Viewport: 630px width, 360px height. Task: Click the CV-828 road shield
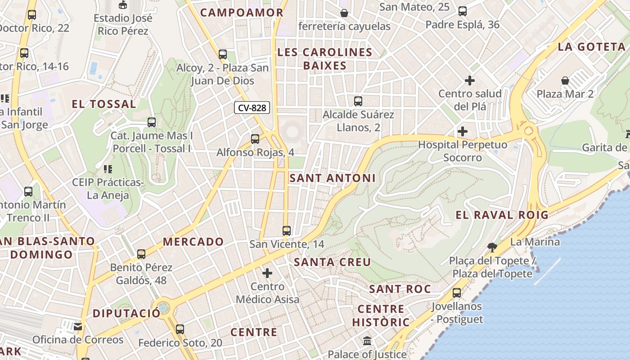coord(252,108)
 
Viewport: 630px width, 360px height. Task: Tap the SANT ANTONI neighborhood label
coord(332,178)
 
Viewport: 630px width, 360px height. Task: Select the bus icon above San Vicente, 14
coord(287,231)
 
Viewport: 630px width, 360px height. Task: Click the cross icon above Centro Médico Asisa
coord(267,273)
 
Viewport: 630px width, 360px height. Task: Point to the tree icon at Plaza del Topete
coord(492,247)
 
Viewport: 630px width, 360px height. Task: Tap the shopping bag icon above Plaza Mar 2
coord(565,81)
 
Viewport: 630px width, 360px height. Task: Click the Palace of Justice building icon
coord(367,341)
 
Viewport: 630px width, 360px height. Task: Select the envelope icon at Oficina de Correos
coord(78,326)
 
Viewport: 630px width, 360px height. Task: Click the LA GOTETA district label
coord(592,47)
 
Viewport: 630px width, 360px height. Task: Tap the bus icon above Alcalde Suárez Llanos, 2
coord(358,101)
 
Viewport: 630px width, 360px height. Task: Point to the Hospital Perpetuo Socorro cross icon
coord(462,132)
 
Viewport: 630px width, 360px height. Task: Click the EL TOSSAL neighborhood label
coord(104,104)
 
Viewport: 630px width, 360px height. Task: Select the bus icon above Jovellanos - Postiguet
coord(457,293)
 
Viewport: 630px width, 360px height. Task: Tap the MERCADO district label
coord(193,242)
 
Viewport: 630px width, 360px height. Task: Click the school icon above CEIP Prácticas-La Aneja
coord(108,169)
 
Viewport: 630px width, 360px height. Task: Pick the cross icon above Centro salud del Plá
coord(470,81)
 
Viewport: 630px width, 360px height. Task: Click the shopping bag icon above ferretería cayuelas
coord(344,13)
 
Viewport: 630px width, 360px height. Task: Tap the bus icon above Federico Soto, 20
coord(180,329)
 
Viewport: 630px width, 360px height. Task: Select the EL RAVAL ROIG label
coord(502,215)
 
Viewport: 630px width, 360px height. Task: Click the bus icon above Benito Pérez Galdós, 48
coord(141,254)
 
